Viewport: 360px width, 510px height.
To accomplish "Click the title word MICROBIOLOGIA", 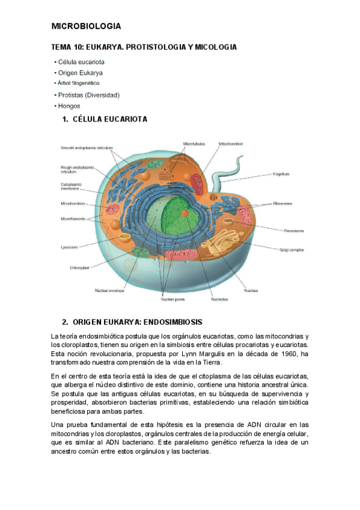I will tap(86, 26).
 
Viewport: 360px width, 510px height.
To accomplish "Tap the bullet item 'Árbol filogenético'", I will tap(79, 83).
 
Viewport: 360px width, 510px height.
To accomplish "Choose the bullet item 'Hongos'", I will tap(69, 106).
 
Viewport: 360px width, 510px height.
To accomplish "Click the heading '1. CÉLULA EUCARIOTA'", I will tap(105, 120).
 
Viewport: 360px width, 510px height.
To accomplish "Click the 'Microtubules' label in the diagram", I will tap(194, 144).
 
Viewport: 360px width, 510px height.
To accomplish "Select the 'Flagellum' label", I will tap(281, 174).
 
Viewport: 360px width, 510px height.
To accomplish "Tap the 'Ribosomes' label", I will tap(282, 204).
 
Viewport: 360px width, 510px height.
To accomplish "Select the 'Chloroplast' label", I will tap(80, 268).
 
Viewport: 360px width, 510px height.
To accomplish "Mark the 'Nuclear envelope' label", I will tap(109, 290).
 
